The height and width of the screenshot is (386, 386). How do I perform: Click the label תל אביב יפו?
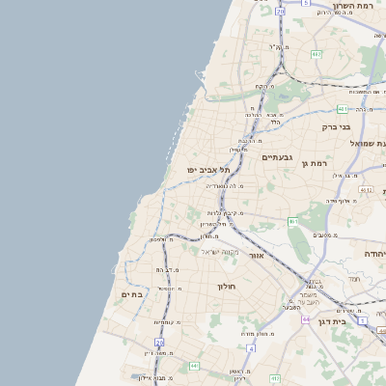[x=206, y=170]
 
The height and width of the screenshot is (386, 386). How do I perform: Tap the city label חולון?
[x=227, y=286]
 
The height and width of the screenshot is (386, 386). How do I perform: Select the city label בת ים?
[x=131, y=294]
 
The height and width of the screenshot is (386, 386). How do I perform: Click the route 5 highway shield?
[x=305, y=4]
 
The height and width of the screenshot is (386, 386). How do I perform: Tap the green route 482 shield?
[x=316, y=54]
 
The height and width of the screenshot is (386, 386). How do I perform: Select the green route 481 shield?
[x=343, y=109]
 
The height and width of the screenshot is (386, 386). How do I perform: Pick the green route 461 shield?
[x=293, y=222]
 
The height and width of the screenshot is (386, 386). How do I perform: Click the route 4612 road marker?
[x=365, y=190]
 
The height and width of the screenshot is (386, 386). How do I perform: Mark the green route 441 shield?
[x=194, y=366]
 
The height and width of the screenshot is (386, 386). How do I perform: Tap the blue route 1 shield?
[x=362, y=319]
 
